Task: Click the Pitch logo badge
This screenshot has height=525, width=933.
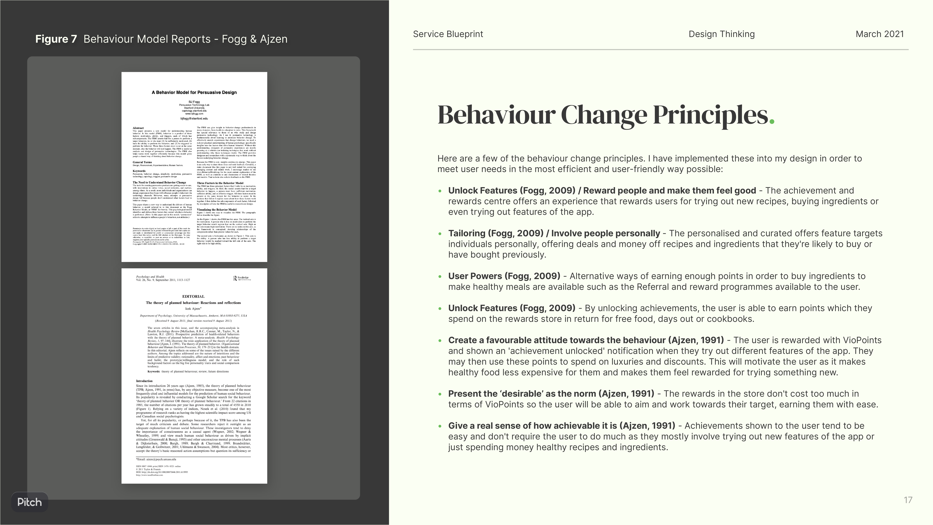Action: coord(29,502)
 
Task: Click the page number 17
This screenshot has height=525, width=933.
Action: coord(908,500)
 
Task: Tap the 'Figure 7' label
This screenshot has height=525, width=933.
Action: coord(56,39)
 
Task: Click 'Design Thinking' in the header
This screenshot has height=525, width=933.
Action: coord(722,34)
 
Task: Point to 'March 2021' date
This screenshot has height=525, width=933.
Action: coord(879,34)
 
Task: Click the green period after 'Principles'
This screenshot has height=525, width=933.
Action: coord(771,121)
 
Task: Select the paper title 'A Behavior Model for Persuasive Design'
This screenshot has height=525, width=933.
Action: coord(194,92)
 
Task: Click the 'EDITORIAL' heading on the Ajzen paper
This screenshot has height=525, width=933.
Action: coord(193,296)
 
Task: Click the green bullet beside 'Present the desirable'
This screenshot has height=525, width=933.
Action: coord(440,394)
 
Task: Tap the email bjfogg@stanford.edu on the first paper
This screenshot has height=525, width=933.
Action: coord(194,119)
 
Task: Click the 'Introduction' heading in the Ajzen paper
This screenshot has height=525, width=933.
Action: coord(144,381)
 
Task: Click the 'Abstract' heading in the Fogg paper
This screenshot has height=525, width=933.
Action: coord(138,128)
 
